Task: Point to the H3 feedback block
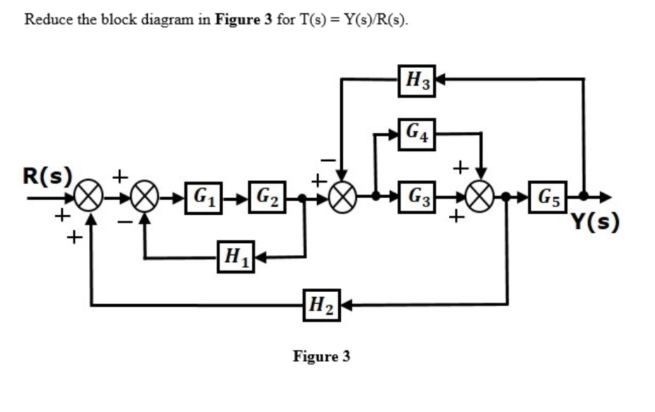pos(416,79)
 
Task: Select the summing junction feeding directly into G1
pos(146,197)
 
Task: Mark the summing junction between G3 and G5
pos(481,197)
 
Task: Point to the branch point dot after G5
pos(583,197)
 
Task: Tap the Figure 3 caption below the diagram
pos(321,356)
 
